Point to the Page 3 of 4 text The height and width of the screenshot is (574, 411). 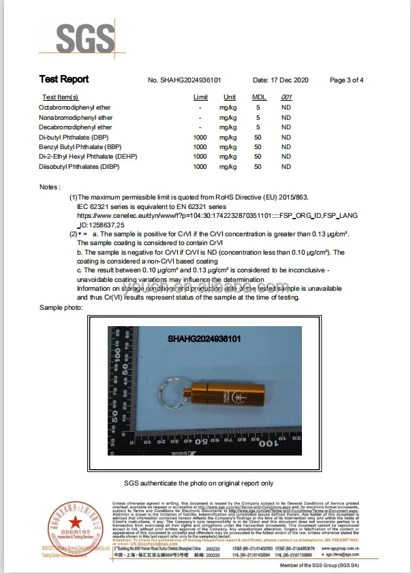[346, 80]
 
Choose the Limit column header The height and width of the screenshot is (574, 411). [200, 97]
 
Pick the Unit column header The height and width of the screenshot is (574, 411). [229, 97]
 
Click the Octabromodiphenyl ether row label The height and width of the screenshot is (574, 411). [75, 108]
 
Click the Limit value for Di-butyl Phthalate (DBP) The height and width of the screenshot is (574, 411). [200, 137]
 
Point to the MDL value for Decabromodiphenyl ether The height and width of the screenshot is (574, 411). [258, 127]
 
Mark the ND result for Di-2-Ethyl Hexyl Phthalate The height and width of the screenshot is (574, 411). [286, 157]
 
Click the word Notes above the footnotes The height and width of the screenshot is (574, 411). [50, 186]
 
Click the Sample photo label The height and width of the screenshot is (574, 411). [61, 308]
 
